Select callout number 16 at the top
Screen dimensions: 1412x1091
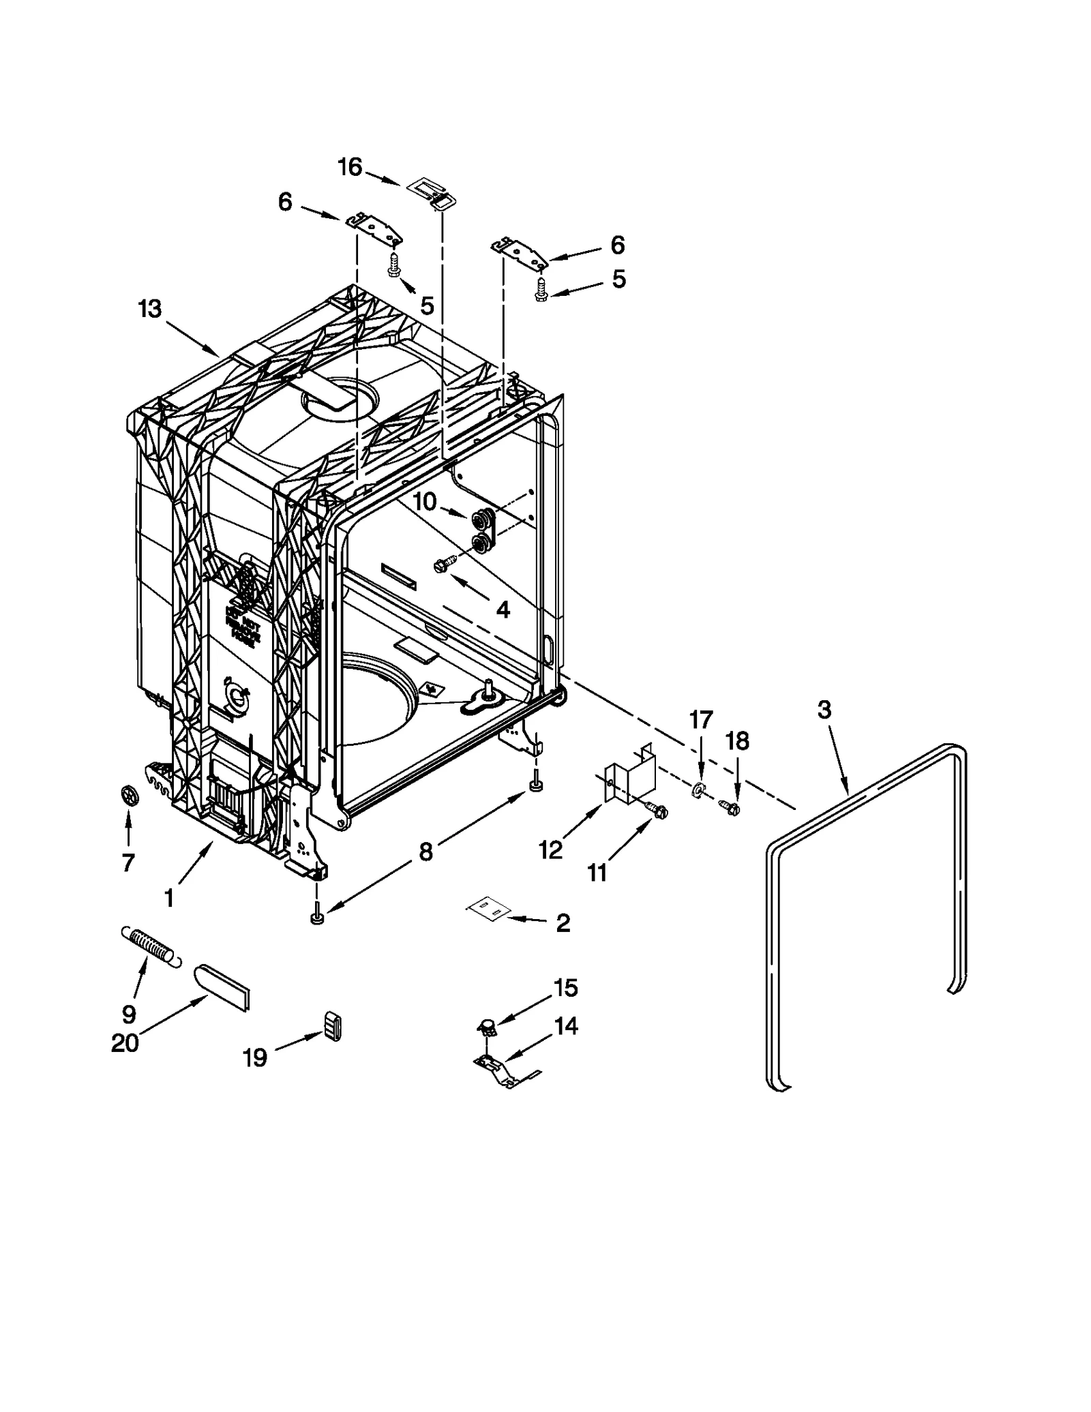click(350, 167)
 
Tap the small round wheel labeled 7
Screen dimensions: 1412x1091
click(128, 795)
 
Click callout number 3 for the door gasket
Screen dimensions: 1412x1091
click(824, 710)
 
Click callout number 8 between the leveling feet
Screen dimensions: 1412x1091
click(425, 851)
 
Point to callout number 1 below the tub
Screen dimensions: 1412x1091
click(169, 898)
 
